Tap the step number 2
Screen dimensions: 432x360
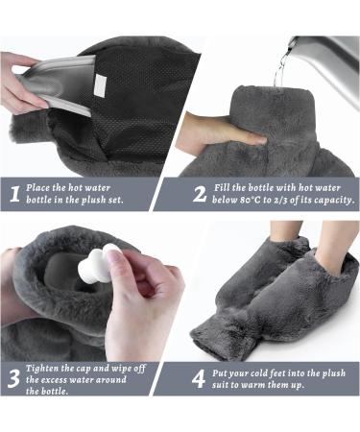coord(200,193)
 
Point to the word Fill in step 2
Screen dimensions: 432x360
coord(228,186)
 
